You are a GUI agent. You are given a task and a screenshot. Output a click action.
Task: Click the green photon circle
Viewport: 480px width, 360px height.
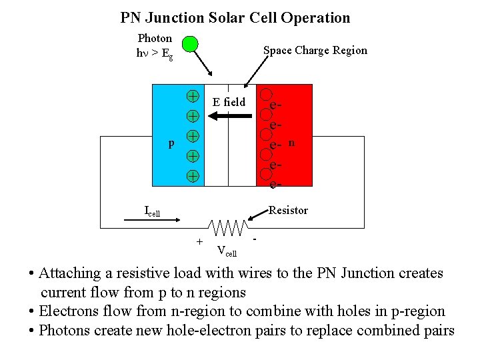point(190,45)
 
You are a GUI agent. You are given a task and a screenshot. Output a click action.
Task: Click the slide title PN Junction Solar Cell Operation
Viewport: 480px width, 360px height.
point(235,18)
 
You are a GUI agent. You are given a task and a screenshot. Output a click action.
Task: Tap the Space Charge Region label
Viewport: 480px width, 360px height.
point(315,50)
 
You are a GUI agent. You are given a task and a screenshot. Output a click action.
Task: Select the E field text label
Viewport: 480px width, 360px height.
point(229,102)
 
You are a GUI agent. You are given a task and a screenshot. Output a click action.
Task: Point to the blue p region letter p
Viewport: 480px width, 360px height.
point(171,143)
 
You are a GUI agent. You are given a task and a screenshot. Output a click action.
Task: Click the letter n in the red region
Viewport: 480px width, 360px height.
point(292,142)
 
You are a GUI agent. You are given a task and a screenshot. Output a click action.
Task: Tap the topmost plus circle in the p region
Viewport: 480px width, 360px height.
point(192,95)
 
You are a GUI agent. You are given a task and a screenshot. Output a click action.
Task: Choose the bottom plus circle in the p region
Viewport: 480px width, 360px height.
point(192,177)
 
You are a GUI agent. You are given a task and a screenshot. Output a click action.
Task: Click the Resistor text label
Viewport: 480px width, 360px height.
point(288,211)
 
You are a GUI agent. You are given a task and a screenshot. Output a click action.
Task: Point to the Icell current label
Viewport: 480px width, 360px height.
point(152,211)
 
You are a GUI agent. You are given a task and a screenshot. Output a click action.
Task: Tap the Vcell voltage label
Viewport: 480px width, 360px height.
point(227,251)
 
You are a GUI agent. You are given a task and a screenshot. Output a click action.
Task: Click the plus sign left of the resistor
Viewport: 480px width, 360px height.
point(199,240)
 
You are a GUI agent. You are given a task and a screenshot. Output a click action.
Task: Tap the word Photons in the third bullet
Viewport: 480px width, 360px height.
point(65,330)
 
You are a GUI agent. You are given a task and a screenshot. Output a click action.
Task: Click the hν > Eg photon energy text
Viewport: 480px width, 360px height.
point(155,53)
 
